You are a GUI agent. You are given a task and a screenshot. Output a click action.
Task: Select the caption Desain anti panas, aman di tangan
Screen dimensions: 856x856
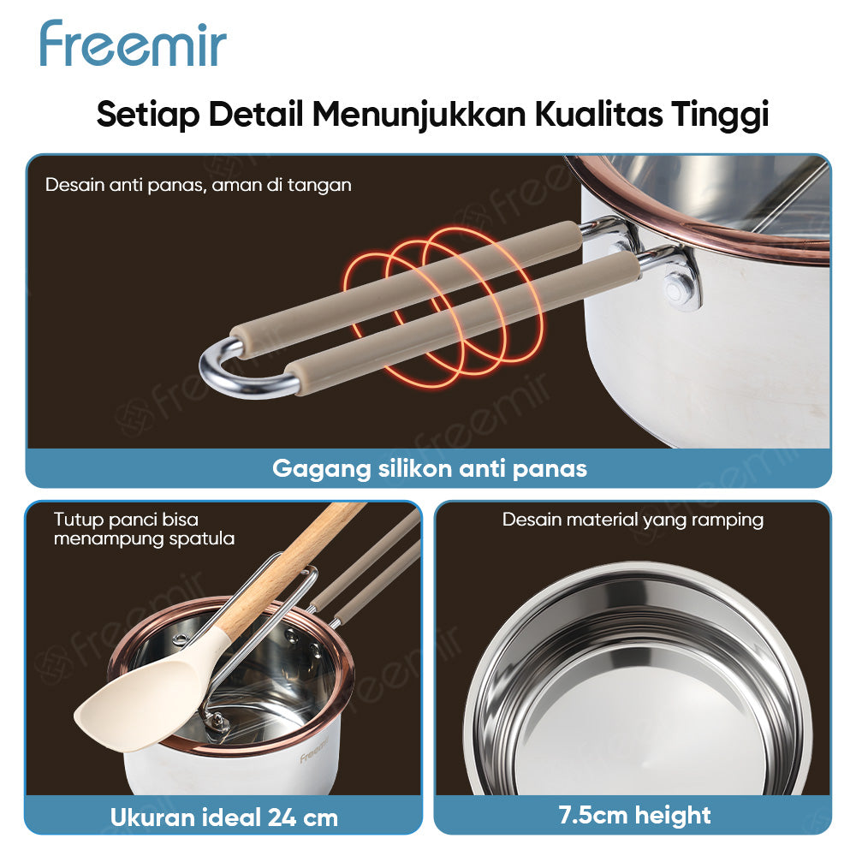198,185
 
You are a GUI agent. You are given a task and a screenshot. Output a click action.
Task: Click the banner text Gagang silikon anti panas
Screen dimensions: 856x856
429,468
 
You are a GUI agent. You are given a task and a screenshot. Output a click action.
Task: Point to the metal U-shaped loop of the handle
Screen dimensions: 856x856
224,373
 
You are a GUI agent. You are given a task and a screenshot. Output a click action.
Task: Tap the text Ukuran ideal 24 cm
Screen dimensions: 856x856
224,817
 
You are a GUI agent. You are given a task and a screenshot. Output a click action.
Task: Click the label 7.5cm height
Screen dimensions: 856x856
634,815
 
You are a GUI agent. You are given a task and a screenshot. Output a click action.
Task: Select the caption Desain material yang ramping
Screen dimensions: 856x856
633,520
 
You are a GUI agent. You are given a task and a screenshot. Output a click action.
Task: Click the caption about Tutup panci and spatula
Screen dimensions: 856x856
144,529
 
